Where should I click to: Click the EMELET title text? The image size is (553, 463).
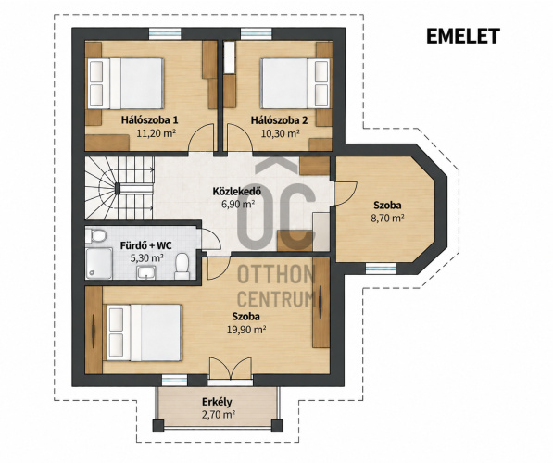click(x=463, y=36)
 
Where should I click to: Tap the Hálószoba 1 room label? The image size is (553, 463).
click(x=149, y=119)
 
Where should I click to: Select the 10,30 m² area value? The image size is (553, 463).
click(x=281, y=133)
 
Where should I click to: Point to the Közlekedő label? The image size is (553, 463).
click(x=236, y=192)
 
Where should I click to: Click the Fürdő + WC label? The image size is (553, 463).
click(x=146, y=245)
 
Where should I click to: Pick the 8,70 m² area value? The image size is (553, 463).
click(x=387, y=218)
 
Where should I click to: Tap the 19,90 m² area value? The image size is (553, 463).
click(x=246, y=330)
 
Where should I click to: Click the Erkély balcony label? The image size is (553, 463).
click(x=217, y=402)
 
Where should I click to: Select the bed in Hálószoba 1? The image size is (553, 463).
click(x=126, y=83)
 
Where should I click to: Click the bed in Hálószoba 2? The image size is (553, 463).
click(x=295, y=83)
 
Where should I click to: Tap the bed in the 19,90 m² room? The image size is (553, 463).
click(x=145, y=332)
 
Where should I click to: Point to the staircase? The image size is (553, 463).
click(x=119, y=188)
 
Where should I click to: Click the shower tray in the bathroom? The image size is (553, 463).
click(x=99, y=263)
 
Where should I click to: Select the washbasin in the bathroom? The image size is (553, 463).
click(x=146, y=273)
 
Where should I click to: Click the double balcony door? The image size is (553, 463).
click(x=231, y=369)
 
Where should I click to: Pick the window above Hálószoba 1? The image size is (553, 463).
click(x=165, y=34)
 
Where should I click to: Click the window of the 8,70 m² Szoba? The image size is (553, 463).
click(x=381, y=269)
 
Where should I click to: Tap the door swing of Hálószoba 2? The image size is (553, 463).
click(x=240, y=138)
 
